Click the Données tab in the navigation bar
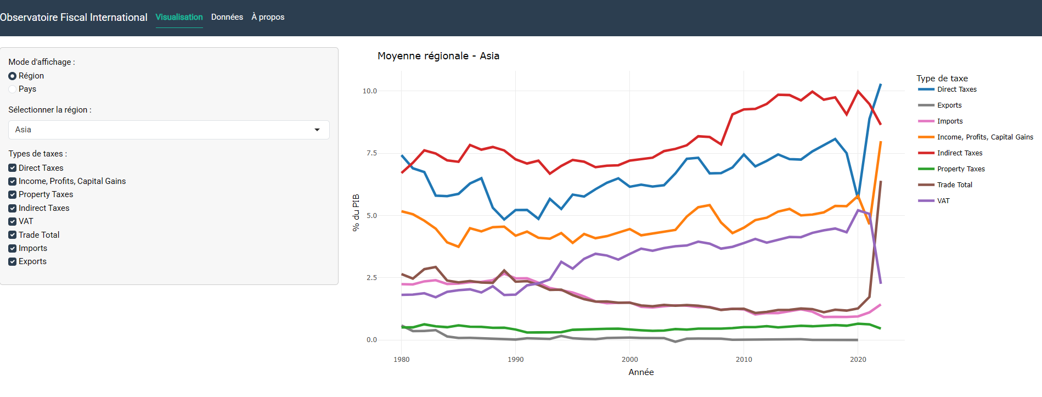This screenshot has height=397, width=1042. (x=227, y=17)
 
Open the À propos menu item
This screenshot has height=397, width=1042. (x=268, y=17)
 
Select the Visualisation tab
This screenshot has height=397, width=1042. (x=179, y=17)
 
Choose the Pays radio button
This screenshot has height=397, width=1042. (x=13, y=89)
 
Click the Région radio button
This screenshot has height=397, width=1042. (x=13, y=76)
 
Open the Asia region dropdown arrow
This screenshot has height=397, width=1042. (x=317, y=130)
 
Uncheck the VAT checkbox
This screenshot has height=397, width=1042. (x=13, y=221)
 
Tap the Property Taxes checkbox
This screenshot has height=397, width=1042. (x=13, y=194)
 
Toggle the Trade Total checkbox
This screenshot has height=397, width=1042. (x=13, y=235)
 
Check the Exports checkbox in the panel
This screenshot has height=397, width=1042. (x=13, y=261)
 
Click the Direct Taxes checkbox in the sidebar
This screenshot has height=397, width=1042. (x=13, y=168)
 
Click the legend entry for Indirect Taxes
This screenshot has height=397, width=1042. (x=959, y=153)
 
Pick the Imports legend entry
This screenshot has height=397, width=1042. (x=949, y=121)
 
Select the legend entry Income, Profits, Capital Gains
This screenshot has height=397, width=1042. (x=984, y=137)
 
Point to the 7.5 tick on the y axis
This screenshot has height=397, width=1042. (x=371, y=153)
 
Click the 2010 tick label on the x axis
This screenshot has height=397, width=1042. (x=744, y=360)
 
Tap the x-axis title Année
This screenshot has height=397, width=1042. (x=641, y=372)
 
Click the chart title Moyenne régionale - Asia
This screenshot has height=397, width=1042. (x=438, y=56)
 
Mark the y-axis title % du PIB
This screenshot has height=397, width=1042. (x=356, y=213)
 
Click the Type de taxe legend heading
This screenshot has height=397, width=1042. (x=942, y=79)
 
